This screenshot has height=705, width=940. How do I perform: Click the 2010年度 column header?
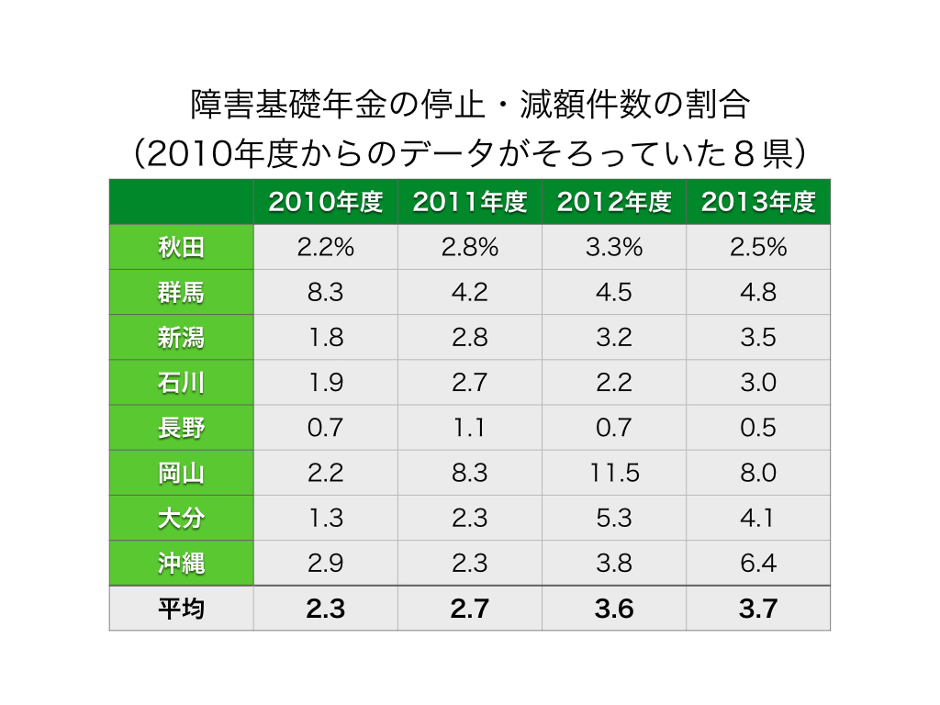326,202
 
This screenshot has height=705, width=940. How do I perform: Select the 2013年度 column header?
758,202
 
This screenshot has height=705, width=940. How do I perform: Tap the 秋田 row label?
181,247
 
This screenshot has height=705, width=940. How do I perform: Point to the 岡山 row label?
181,473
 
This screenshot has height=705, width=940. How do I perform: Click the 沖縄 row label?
181,564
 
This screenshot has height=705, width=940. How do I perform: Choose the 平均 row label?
181,609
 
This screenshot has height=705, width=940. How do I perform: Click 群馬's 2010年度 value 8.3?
326,293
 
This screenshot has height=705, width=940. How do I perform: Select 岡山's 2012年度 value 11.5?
614,473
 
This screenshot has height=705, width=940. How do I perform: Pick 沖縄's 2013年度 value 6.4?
758,564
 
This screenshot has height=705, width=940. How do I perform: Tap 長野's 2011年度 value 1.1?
469,428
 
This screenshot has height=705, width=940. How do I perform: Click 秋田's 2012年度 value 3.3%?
614,247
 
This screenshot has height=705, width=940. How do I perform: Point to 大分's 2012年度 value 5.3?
614,519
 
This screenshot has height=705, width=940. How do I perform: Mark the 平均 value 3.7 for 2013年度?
758,610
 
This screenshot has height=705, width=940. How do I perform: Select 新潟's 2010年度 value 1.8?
326,338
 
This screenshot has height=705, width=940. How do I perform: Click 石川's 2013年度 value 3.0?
758,383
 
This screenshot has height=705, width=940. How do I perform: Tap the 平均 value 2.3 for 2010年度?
326,610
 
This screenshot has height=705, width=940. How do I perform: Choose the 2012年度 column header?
614,202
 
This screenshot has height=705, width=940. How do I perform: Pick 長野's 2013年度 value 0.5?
758,428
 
